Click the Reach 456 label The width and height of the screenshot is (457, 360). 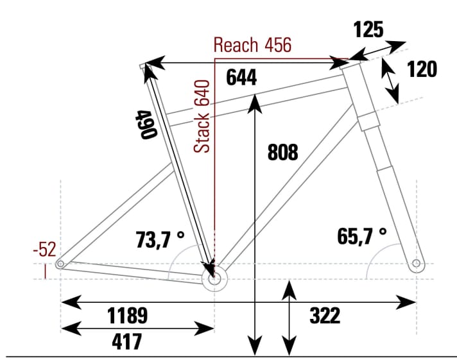(x=252, y=45)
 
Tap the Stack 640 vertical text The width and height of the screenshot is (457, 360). (x=202, y=116)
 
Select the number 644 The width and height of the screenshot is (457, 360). (x=241, y=78)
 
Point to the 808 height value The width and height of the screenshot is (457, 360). (x=282, y=152)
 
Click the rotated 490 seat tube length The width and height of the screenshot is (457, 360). (x=147, y=125)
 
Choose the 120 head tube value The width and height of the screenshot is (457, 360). (x=422, y=69)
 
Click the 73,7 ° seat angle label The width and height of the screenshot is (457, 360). (x=160, y=239)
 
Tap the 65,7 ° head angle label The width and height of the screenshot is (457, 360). (x=362, y=236)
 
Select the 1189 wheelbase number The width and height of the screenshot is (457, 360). (x=128, y=316)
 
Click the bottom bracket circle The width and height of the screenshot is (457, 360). (x=213, y=279)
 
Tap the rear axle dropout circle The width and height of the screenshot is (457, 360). (x=60, y=264)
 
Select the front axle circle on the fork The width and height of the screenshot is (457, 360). (x=416, y=263)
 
